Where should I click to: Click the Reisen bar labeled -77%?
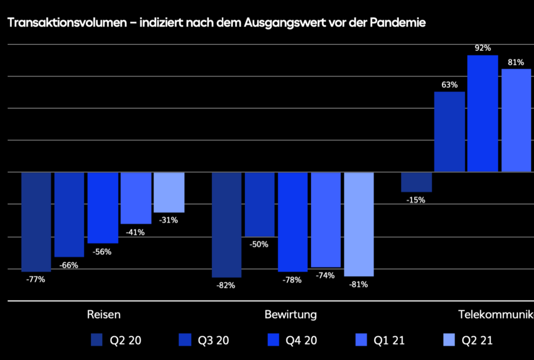[36, 222]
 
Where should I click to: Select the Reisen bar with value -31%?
[169, 192]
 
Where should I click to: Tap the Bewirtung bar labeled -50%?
[259, 204]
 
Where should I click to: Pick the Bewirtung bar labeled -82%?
[226, 224]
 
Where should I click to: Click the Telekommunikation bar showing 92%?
[483, 114]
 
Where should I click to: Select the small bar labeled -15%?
[416, 182]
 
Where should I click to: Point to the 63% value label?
[449, 85]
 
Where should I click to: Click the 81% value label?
[516, 62]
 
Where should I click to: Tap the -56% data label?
[102, 251]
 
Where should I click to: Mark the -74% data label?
[325, 275]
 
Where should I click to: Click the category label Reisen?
[104, 315]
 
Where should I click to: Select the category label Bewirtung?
[291, 315]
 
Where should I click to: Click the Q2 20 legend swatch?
[97, 340]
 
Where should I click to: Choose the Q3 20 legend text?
[213, 341]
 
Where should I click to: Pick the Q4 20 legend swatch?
[274, 340]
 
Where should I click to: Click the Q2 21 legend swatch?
[450, 340]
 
